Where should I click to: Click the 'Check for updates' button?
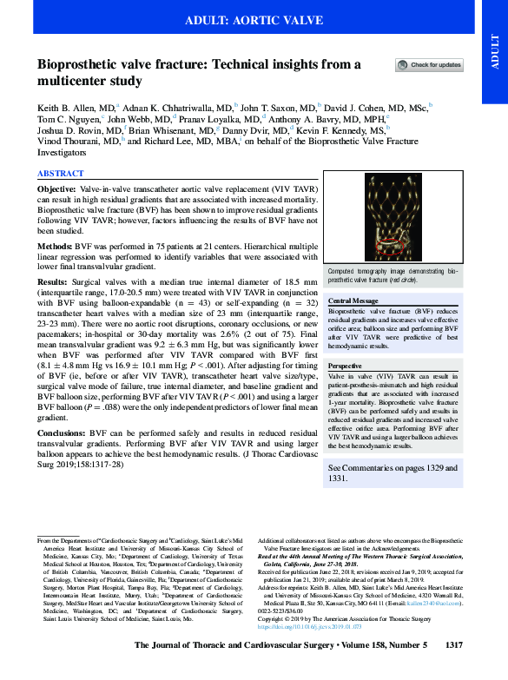coord(429,65)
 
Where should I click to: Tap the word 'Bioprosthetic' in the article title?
coord(81,64)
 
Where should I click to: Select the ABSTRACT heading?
coord(60,174)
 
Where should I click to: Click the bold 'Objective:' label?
coord(59,188)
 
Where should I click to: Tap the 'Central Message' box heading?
coord(353,300)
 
